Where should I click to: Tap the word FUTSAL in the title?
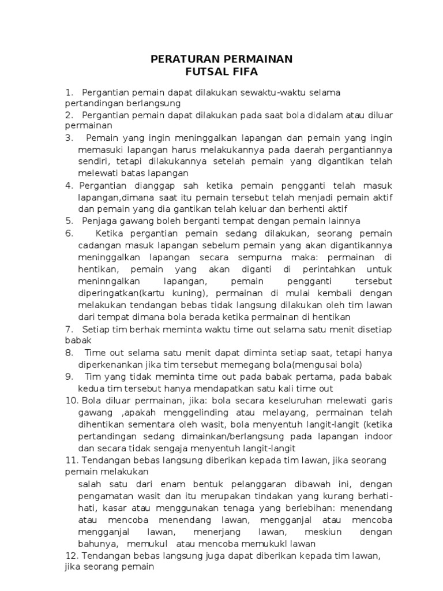coord(205,72)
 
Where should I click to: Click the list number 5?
coord(69,220)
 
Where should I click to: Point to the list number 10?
coord(71,401)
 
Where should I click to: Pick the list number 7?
coord(69,329)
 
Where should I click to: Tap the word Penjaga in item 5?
coord(99,220)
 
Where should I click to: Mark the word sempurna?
coord(288,257)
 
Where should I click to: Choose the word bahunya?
coord(98,544)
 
